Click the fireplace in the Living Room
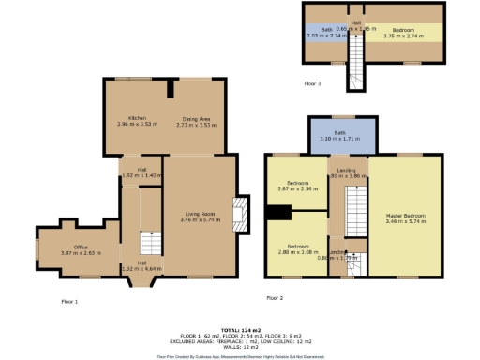tap(242, 214)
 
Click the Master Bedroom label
tap(406, 215)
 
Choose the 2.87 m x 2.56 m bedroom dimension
tap(298, 188)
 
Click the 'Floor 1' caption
tap(69, 301)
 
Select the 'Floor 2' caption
tap(275, 298)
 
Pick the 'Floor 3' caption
tap(312, 84)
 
